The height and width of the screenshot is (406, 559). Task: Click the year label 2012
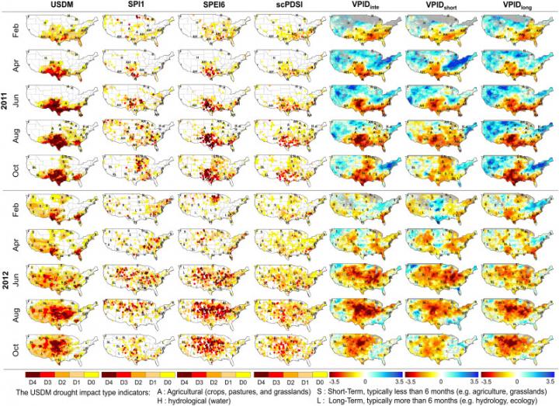click(x=6, y=280)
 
